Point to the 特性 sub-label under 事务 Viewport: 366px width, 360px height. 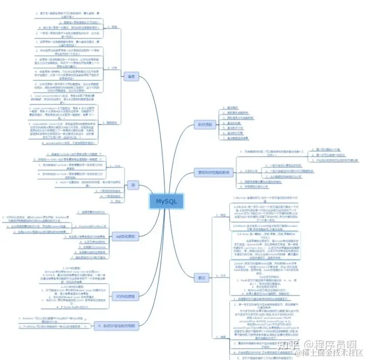tap(114, 26)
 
